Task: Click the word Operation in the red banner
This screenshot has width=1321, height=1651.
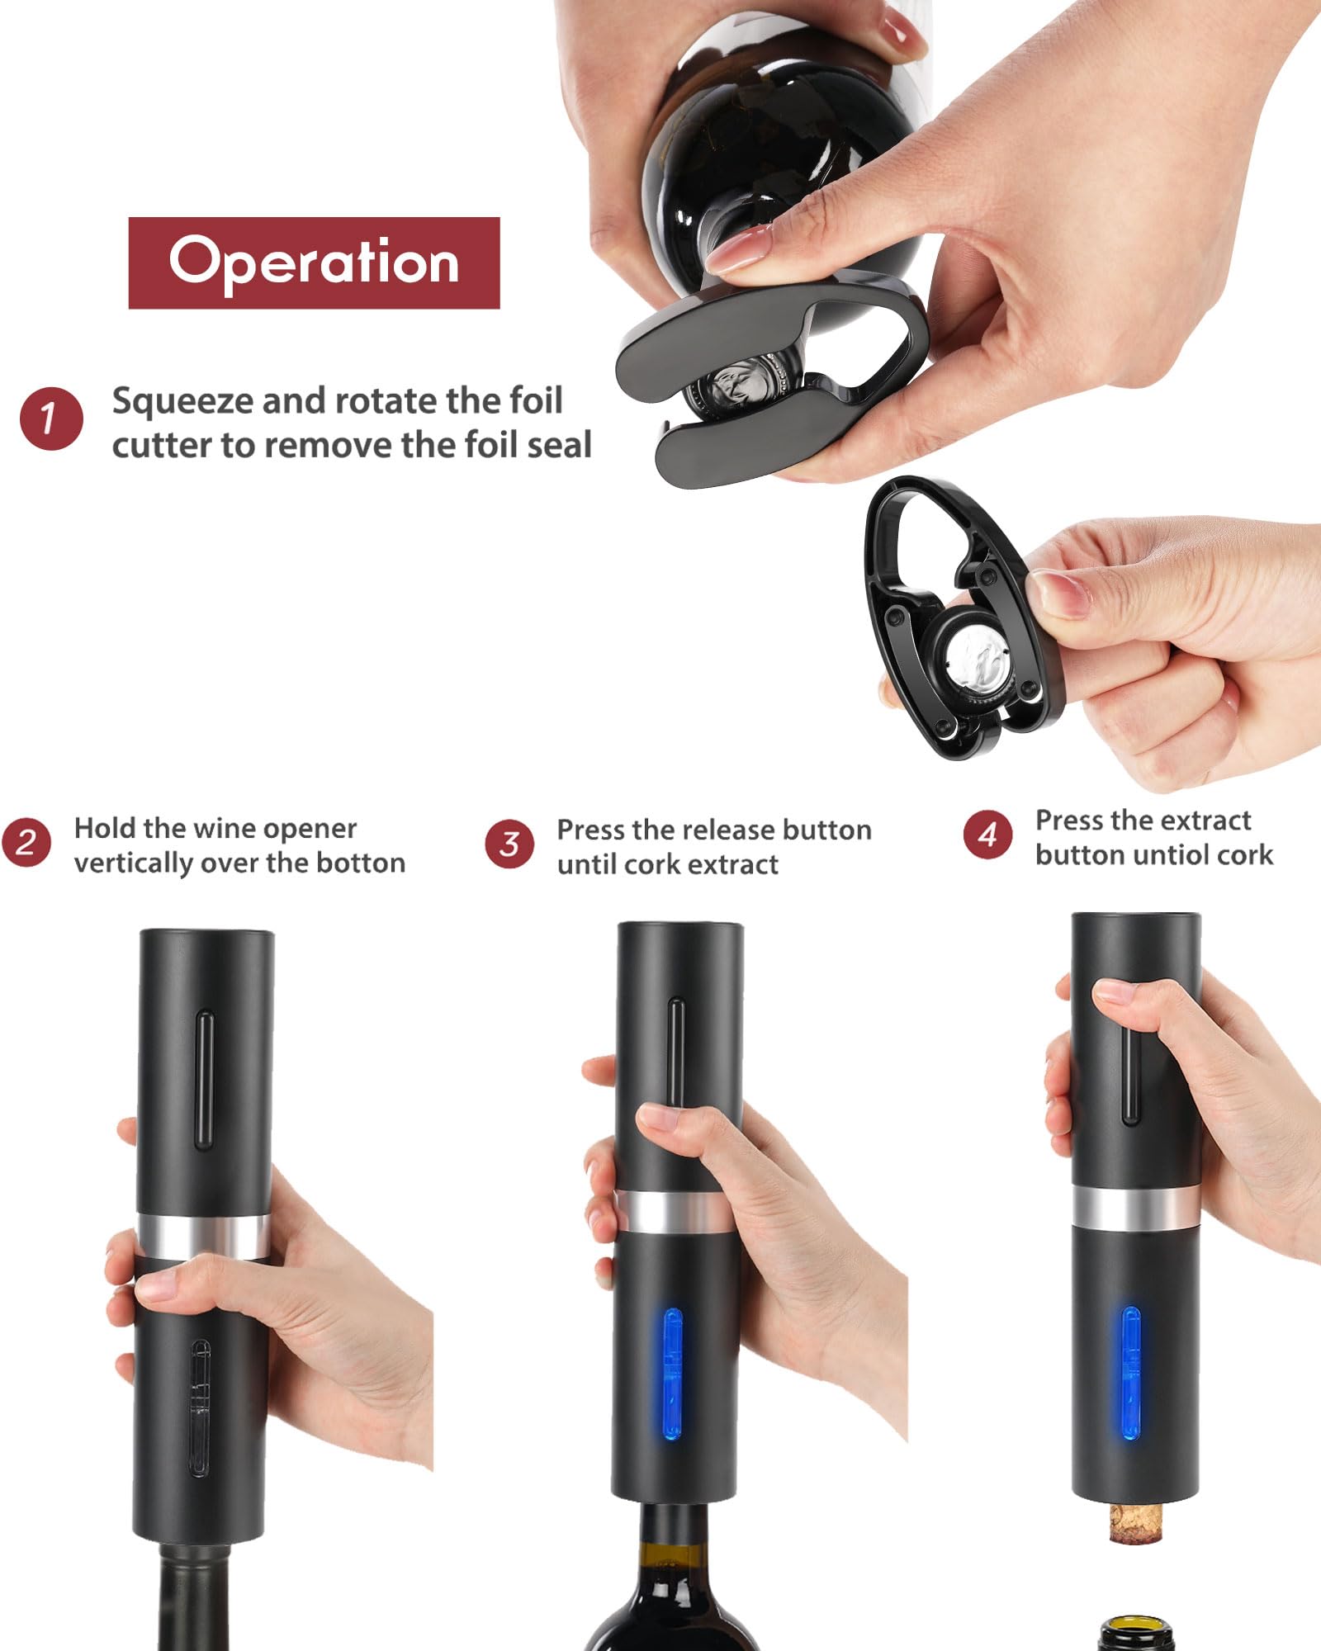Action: click(314, 263)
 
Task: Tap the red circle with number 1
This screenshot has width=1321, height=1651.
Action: click(51, 419)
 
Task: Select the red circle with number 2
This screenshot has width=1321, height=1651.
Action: click(26, 842)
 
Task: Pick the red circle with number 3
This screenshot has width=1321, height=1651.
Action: click(509, 844)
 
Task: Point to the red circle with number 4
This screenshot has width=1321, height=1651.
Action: click(987, 835)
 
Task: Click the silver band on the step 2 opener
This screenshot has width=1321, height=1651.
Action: click(202, 1236)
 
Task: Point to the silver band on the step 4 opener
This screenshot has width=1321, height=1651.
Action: click(1135, 1208)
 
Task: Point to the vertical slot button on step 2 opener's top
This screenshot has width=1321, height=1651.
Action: click(204, 1079)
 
